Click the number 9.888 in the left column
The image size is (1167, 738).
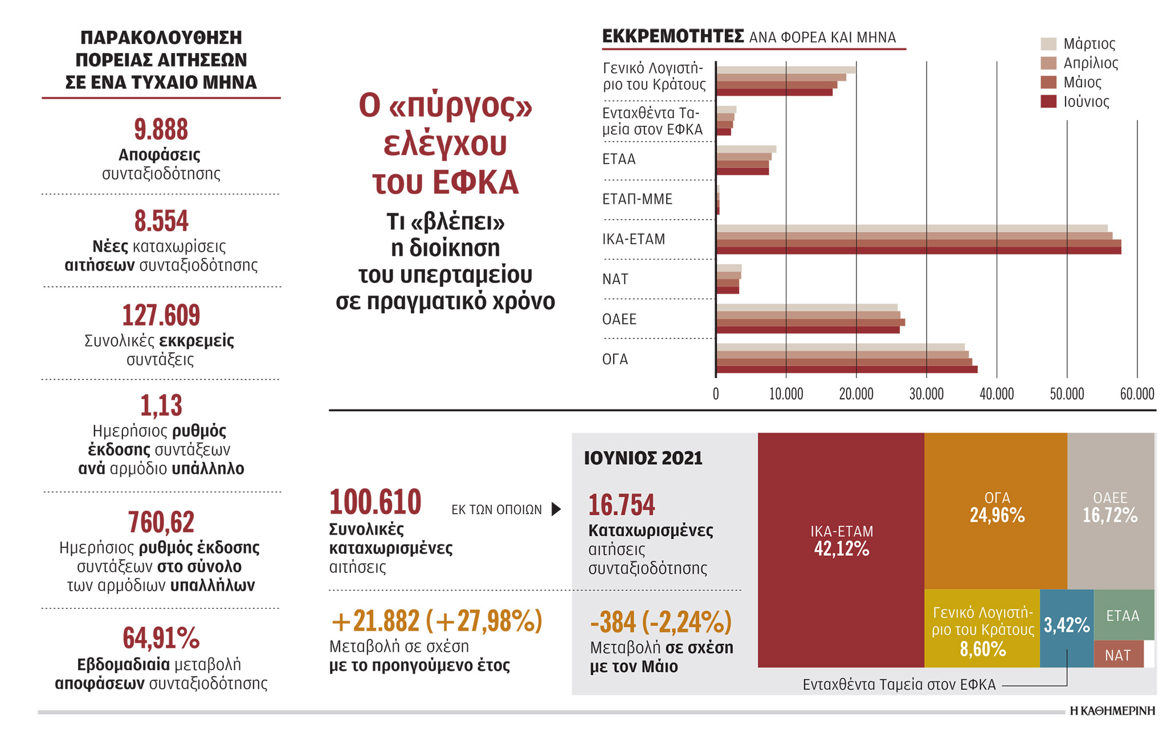(161, 129)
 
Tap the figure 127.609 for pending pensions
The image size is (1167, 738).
(161, 315)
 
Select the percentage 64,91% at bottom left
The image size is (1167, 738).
(161, 638)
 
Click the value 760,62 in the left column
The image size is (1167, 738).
(161, 522)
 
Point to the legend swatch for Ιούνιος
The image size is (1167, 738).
(1048, 101)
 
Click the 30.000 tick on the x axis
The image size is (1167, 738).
(926, 394)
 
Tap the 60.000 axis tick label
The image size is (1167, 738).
(1137, 394)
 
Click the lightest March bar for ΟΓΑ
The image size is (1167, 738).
(840, 347)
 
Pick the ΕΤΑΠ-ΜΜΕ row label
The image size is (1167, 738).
(637, 199)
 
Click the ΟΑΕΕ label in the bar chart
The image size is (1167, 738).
(619, 319)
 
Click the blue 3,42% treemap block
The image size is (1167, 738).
(1066, 626)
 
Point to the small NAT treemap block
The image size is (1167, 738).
(1118, 655)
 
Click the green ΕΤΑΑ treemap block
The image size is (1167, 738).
(1123, 615)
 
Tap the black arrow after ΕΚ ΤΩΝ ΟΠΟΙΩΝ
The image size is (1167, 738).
(556, 509)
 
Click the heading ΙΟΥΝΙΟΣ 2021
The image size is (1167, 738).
(643, 458)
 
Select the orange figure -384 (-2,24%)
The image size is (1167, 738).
(660, 621)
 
